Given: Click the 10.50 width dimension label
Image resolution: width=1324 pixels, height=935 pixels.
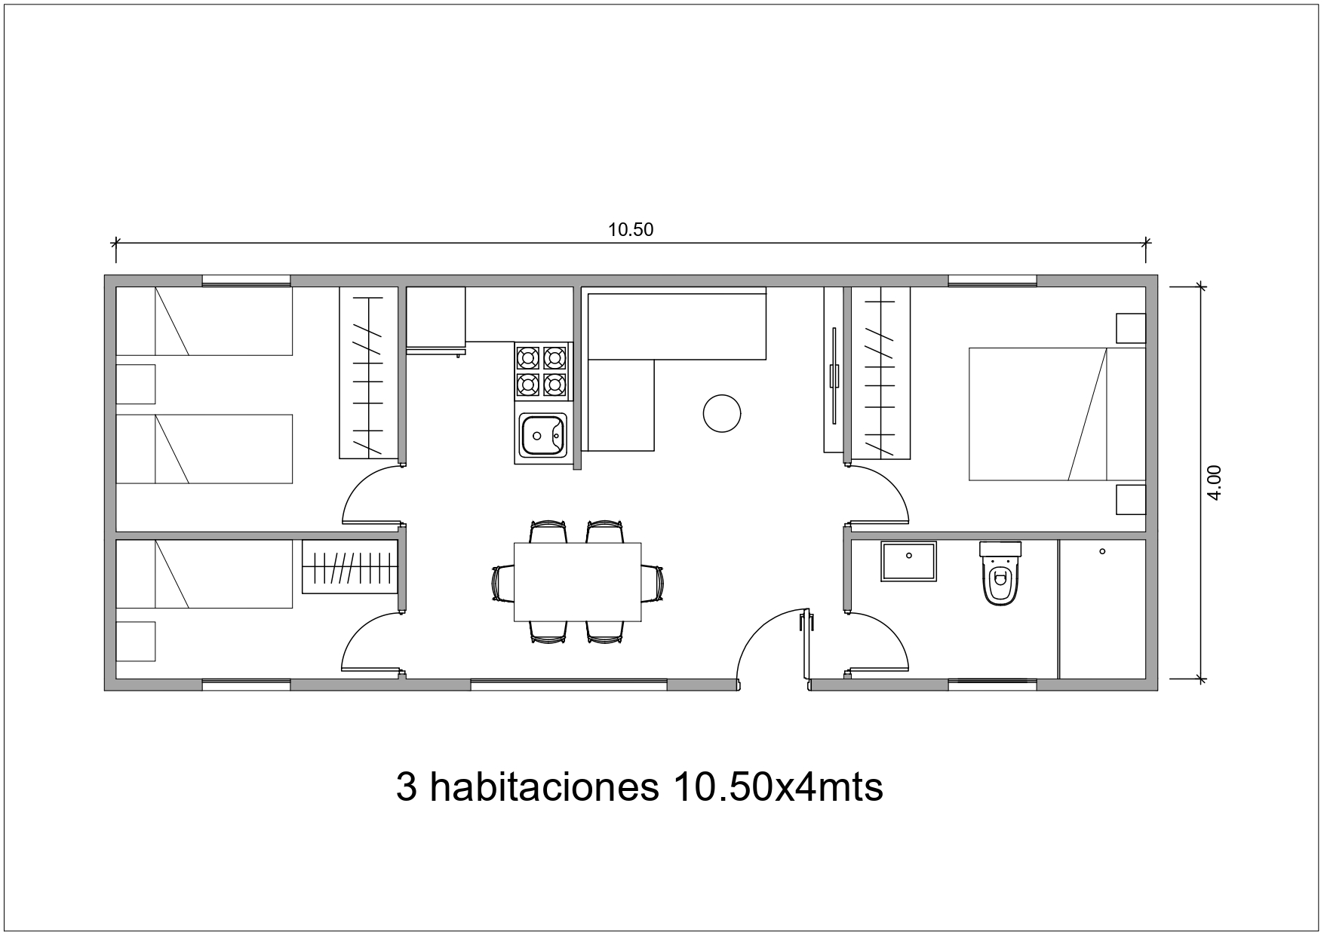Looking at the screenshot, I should point(631,230).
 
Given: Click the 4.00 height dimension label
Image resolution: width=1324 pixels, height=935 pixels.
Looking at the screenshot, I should point(1214,482).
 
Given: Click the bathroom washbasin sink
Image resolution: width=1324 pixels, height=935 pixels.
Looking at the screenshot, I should point(909,561).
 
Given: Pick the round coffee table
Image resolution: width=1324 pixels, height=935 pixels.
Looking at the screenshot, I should point(722,413).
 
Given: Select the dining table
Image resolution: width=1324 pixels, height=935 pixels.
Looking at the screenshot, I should point(577,581).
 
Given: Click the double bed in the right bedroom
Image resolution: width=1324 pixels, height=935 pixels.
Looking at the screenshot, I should point(1056,414).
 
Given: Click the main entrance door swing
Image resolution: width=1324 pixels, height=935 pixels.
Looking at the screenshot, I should point(770,648).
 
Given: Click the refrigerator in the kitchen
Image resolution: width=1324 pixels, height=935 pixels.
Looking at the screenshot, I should point(436,317).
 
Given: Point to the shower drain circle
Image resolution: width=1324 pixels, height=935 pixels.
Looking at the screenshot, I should point(1102,552).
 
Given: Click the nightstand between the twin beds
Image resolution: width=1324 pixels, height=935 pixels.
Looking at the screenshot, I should point(136,384).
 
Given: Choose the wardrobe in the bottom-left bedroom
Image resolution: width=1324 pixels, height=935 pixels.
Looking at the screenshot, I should point(350,567).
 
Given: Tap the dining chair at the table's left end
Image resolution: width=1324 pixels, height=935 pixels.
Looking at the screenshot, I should point(502,583).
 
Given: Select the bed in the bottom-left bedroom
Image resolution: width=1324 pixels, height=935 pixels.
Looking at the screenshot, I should point(204,574).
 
